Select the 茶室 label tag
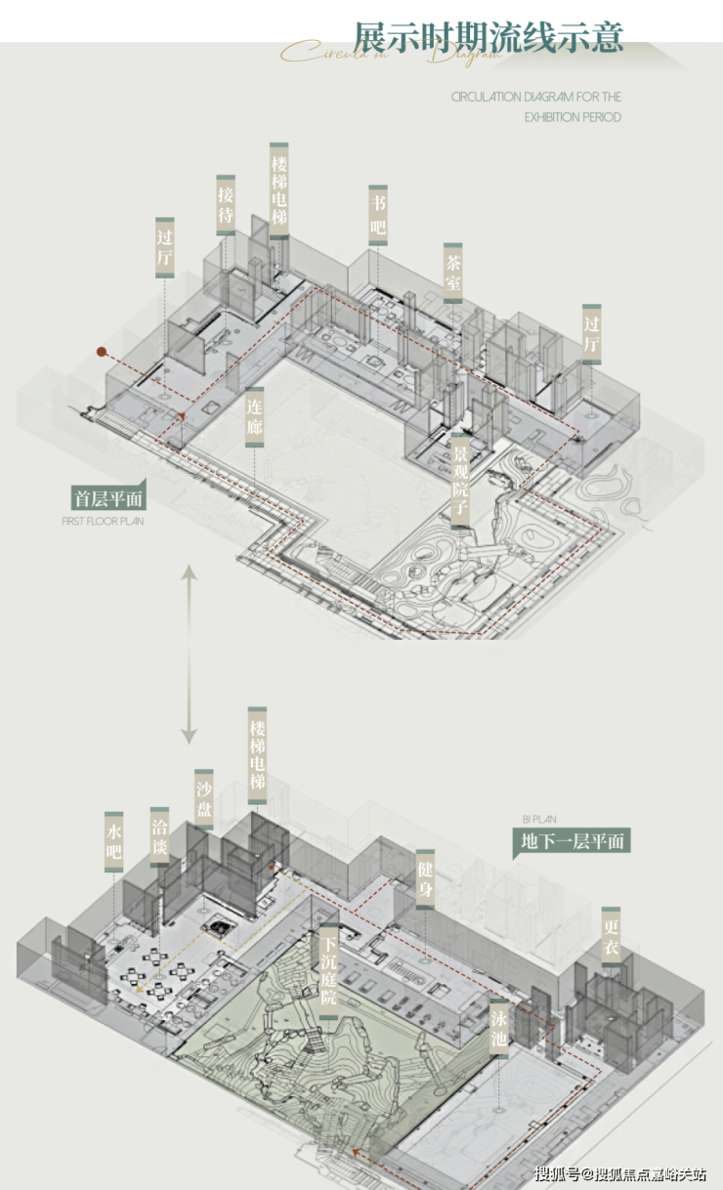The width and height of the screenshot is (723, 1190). pos(452,274)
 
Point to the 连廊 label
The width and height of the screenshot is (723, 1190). pos(254,416)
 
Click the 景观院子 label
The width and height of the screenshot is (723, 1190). pos(459,481)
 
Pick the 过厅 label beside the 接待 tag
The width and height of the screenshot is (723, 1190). pos(165,247)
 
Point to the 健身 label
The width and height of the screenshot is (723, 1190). pos(424,876)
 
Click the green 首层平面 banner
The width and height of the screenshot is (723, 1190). pos(107,497)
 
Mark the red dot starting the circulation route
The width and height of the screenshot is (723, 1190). pos(101,351)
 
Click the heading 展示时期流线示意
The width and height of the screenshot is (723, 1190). pos(489,37)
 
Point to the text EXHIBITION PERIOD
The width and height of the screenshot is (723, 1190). pos(573,117)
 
